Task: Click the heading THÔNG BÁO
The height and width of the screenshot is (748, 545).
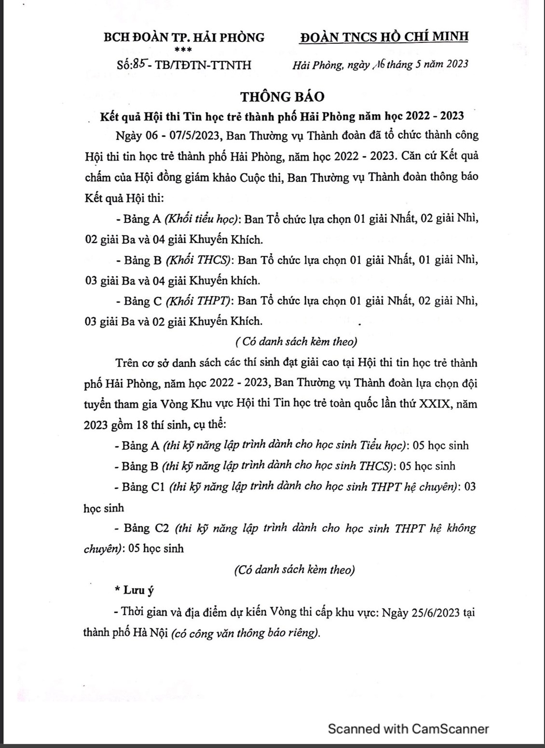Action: pyautogui.click(x=283, y=97)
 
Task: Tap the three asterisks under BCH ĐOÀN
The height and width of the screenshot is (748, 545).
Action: pyautogui.click(x=184, y=50)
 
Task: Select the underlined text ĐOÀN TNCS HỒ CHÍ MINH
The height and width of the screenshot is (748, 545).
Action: pyautogui.click(x=383, y=37)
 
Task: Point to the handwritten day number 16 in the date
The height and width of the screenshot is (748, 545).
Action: pyautogui.click(x=377, y=64)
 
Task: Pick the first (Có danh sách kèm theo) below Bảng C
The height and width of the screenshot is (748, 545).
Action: pyautogui.click(x=297, y=342)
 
